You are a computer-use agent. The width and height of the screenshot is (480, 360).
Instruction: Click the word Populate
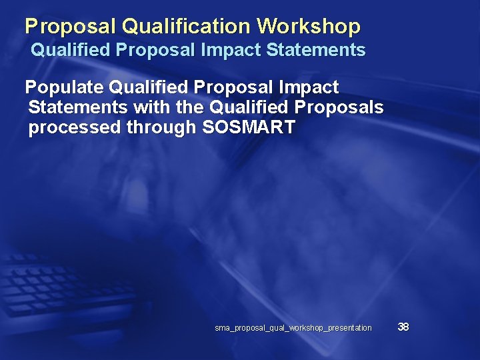click(63, 87)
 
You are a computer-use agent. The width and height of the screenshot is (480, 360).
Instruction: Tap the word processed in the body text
click(75, 128)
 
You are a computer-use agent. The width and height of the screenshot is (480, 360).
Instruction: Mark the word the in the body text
click(187, 107)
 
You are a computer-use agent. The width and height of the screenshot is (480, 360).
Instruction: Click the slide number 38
click(403, 327)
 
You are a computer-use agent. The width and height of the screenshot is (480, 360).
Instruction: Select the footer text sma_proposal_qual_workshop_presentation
click(293, 328)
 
